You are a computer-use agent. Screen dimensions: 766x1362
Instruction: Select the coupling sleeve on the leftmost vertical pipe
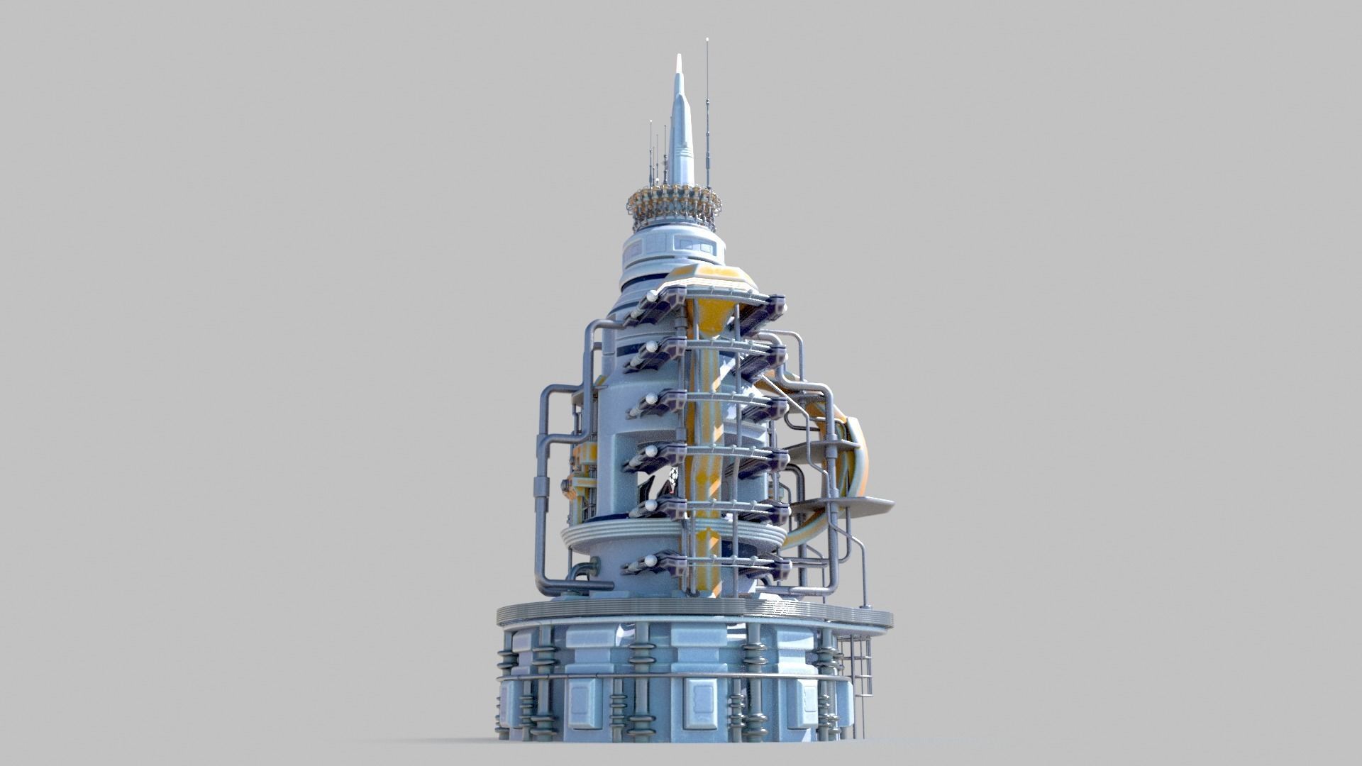click(x=541, y=489)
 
